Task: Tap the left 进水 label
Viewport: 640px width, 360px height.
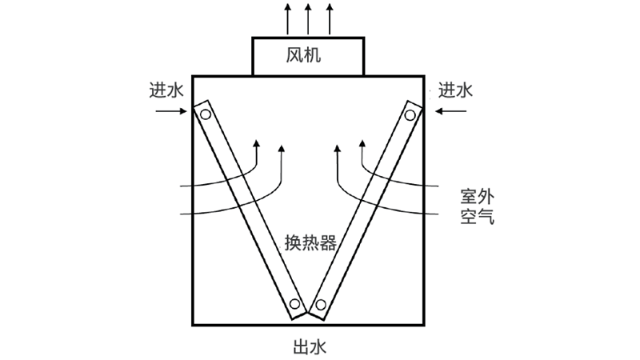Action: click(x=166, y=90)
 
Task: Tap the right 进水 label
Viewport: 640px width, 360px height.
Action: click(x=455, y=90)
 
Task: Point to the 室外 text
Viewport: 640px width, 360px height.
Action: click(x=477, y=196)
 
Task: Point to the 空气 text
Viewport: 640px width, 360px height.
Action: click(x=477, y=217)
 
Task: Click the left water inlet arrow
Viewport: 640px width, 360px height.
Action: click(x=170, y=111)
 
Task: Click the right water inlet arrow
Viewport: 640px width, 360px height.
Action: click(x=450, y=111)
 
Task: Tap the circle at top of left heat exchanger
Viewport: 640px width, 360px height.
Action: click(x=206, y=114)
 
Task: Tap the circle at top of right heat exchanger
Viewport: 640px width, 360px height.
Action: click(x=412, y=114)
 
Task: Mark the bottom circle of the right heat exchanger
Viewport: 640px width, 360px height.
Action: click(x=321, y=305)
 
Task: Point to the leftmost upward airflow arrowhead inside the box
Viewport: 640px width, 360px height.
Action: click(x=257, y=144)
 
